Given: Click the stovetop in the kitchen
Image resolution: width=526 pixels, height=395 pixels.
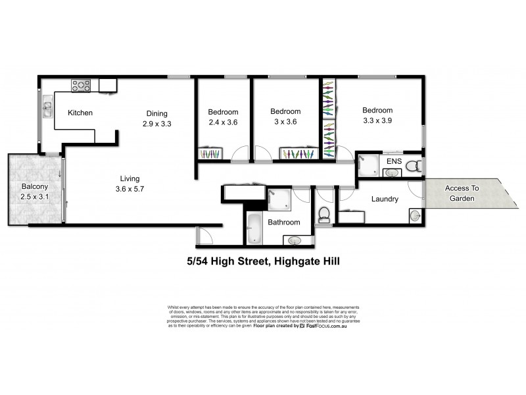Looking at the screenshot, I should coord(81,84).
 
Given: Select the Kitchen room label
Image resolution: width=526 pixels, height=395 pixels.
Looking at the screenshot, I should coord(81,113).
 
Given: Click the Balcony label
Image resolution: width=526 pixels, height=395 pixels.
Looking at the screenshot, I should coord(34,186).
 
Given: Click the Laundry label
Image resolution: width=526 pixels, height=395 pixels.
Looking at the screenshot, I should coord(385,199).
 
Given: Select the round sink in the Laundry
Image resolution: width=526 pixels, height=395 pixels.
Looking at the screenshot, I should coord(415,215).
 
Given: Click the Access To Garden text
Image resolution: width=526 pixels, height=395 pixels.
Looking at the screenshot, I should coord(462,192).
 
